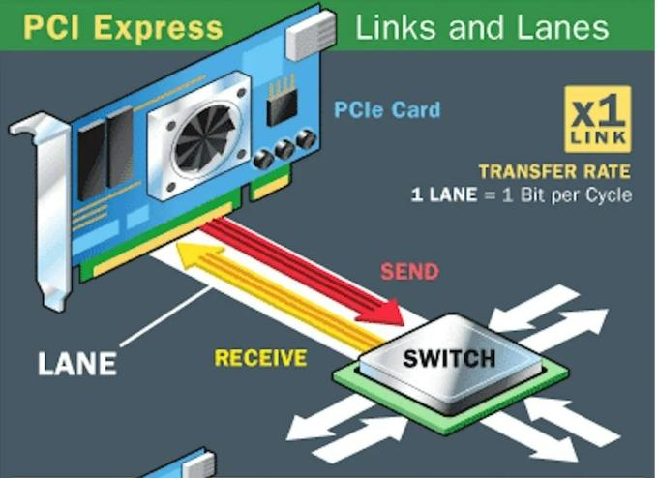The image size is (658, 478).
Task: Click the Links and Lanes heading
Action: [x=481, y=26]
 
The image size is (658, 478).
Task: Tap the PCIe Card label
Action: [x=386, y=109]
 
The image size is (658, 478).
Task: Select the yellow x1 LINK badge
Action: [x=597, y=119]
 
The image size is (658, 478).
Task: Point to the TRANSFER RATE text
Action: [x=553, y=172]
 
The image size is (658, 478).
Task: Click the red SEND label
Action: [x=409, y=271]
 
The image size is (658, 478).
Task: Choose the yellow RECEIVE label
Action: [x=260, y=358]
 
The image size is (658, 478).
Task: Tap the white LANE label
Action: [x=76, y=364]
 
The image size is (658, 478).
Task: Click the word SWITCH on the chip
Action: [x=449, y=358]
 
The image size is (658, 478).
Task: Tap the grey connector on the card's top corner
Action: [x=311, y=35]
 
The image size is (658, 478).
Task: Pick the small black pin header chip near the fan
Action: [x=282, y=101]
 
